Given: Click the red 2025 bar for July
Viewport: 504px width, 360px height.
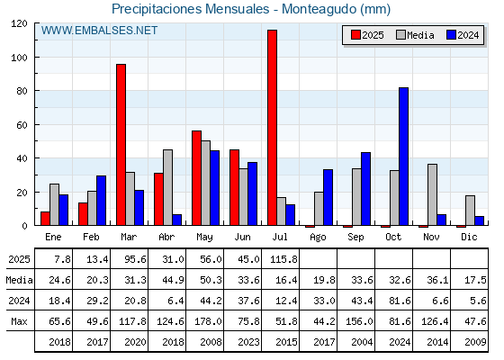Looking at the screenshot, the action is pos(272,128).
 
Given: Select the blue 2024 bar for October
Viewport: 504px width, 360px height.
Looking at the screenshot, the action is pos(403,157).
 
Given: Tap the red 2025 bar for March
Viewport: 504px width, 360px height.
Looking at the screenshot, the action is pos(121,145).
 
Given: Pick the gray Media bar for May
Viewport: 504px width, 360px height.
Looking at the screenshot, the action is pos(206,183).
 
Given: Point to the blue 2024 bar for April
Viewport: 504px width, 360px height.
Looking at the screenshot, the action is pos(176,220).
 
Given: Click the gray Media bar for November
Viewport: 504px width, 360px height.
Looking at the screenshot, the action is pos(432,194).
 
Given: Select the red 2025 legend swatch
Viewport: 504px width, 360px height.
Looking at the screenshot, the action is pos(355,35).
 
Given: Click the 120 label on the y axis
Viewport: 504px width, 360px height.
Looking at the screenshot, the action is pos(19,23).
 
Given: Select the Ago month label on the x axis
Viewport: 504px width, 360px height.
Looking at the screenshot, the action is pos(318,238).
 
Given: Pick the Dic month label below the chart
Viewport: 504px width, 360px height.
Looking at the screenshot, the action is pos(469,237).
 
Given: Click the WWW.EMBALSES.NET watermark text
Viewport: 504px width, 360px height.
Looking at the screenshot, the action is pos(99,31).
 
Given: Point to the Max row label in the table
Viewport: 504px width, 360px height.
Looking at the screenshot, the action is pos(19,321).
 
